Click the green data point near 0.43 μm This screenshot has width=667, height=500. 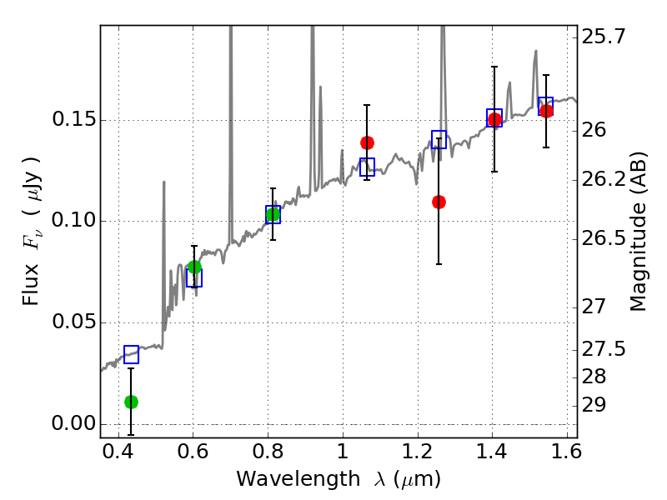131,402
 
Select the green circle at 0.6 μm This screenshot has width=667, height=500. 194,267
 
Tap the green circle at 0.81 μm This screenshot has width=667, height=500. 273,215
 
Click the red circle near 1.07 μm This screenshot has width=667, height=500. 367,142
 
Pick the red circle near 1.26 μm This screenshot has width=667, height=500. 439,202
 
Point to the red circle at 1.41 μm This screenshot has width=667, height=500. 494,120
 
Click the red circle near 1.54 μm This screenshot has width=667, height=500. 546,111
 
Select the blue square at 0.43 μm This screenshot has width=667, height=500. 131,355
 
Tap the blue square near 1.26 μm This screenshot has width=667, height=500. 439,139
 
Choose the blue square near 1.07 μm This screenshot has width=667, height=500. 367,167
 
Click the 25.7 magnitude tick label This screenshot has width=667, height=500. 605,37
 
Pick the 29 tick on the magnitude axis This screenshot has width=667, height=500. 597,405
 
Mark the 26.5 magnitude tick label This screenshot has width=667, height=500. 605,238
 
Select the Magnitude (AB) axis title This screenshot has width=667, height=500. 639,233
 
